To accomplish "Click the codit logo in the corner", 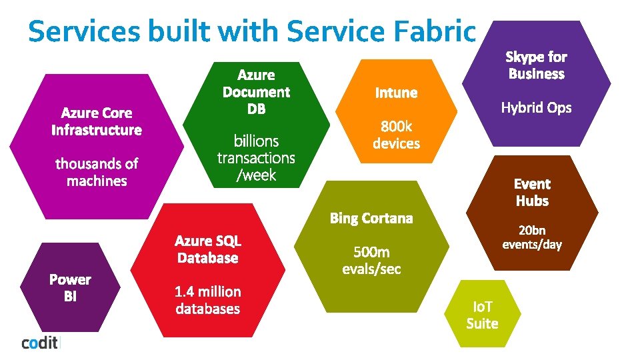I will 41,343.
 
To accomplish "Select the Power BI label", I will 70,288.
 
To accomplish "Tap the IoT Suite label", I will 482,315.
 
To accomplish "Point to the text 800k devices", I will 396,135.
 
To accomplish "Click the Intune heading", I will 396,93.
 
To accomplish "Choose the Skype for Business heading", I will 536,65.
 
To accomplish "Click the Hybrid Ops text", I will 536,107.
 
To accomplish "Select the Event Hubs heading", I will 532,192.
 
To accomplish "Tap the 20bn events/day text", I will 532,237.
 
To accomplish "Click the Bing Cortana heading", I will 371,218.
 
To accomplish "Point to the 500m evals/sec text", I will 371,260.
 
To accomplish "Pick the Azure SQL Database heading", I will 207,249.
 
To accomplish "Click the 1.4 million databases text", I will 207,300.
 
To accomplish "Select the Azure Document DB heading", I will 256,92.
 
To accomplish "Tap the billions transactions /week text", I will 256,158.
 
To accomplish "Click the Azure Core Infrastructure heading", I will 97,121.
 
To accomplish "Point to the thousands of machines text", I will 97,172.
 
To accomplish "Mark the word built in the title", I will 175,32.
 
